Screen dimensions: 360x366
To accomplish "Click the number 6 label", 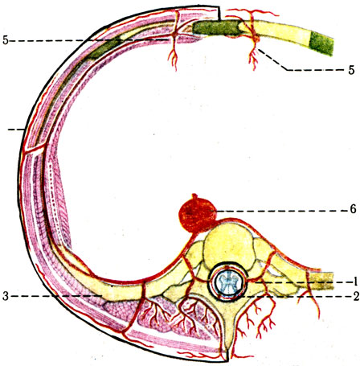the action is click(353, 209).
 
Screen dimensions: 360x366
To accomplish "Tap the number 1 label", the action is click(355, 282).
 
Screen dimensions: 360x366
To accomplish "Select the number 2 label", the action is click(356, 297).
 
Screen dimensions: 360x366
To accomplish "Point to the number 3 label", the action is click(6, 296).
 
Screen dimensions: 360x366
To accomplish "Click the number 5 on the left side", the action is click(6, 40).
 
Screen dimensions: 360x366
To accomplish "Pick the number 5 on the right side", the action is click(351, 70).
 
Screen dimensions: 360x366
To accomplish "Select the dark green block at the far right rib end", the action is click(321, 43).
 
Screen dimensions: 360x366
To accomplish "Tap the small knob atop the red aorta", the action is click(194, 196).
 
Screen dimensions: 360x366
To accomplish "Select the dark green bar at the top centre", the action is click(215, 27).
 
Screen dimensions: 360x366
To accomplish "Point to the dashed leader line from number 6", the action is click(281, 211).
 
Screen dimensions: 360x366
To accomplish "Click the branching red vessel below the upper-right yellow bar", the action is click(253, 56).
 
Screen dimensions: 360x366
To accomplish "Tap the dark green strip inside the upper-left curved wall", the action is click(103, 49).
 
